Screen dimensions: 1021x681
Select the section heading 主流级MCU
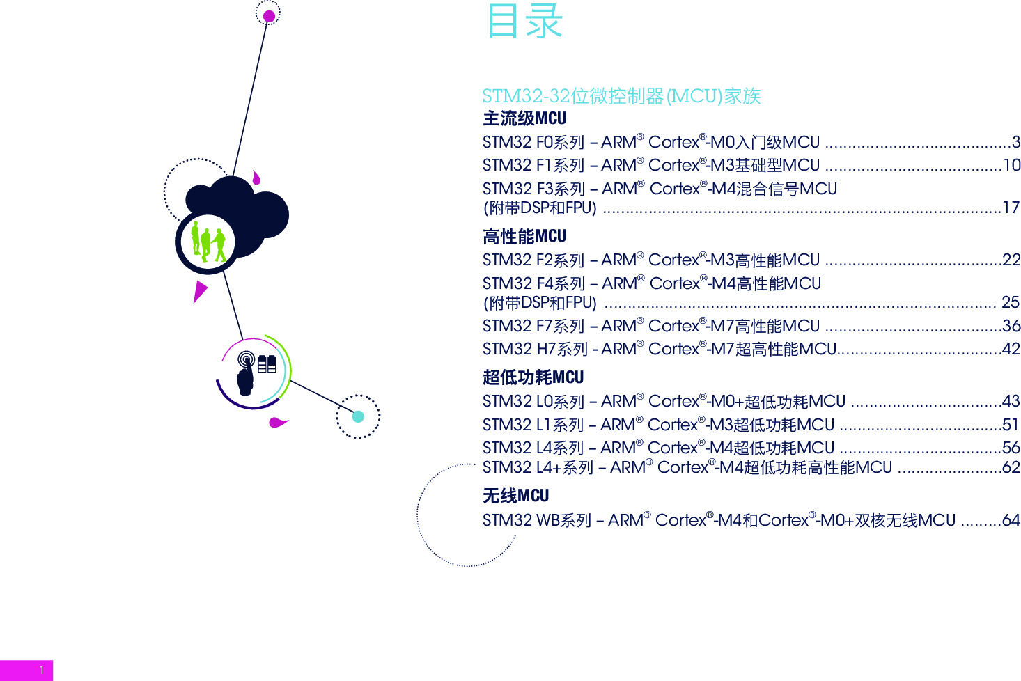tap(524, 118)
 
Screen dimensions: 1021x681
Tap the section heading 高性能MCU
tap(524, 237)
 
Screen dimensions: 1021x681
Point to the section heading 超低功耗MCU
tap(533, 377)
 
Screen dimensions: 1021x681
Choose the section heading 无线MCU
tap(515, 496)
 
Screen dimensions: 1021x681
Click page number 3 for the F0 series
tap(1016, 143)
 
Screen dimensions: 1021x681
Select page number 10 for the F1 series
tap(1011, 166)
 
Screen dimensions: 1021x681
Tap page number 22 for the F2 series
tap(1011, 260)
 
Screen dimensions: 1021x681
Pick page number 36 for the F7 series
tap(1011, 326)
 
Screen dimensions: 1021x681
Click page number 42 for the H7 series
tap(1011, 350)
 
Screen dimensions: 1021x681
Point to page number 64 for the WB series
tap(1011, 520)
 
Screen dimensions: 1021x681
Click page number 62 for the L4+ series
tap(1011, 467)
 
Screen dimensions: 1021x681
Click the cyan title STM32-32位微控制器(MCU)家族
tap(621, 96)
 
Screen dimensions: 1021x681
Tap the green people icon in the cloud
tap(208, 242)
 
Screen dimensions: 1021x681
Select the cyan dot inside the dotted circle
tap(358, 417)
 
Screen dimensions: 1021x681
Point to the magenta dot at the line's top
tap(269, 16)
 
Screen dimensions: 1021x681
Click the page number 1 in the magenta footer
tap(42, 671)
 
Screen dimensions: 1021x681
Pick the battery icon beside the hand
tap(267, 364)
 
